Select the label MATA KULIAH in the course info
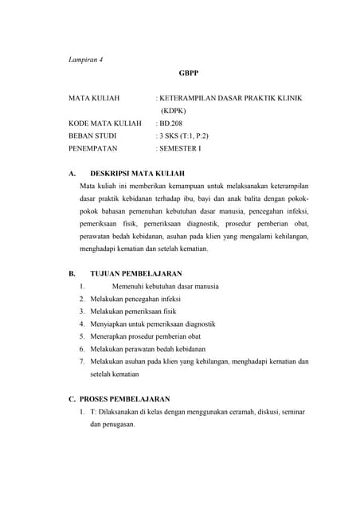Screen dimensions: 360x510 point(94,99)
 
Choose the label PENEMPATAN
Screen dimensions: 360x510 point(93,149)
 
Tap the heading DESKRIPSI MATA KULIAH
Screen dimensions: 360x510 point(137,173)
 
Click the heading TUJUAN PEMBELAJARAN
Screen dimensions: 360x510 point(136,273)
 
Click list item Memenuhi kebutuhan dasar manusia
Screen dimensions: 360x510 point(165,286)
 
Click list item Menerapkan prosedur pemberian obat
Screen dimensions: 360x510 point(148,336)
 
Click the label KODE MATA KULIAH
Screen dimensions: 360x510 point(105,124)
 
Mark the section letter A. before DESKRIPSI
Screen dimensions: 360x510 point(72,173)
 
